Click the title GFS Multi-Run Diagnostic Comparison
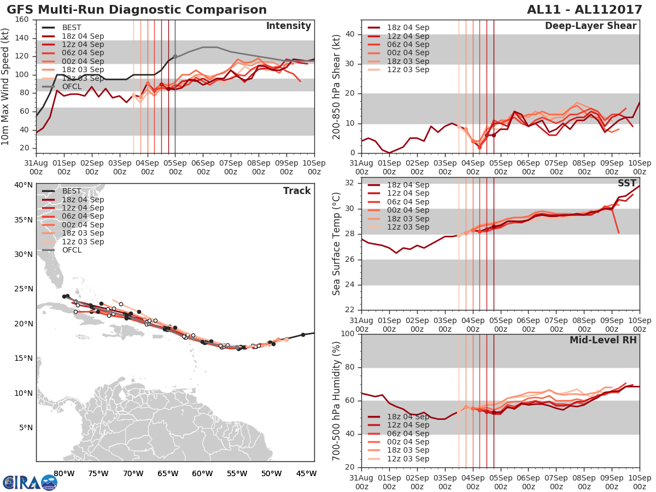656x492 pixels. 137,10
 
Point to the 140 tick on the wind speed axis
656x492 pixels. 22,38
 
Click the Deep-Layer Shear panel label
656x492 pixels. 590,26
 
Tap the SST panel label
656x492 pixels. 627,183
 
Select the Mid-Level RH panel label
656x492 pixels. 603,340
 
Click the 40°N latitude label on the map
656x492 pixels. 24,185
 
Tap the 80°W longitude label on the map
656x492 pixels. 64,473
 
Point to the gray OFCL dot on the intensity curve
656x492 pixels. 175,56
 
